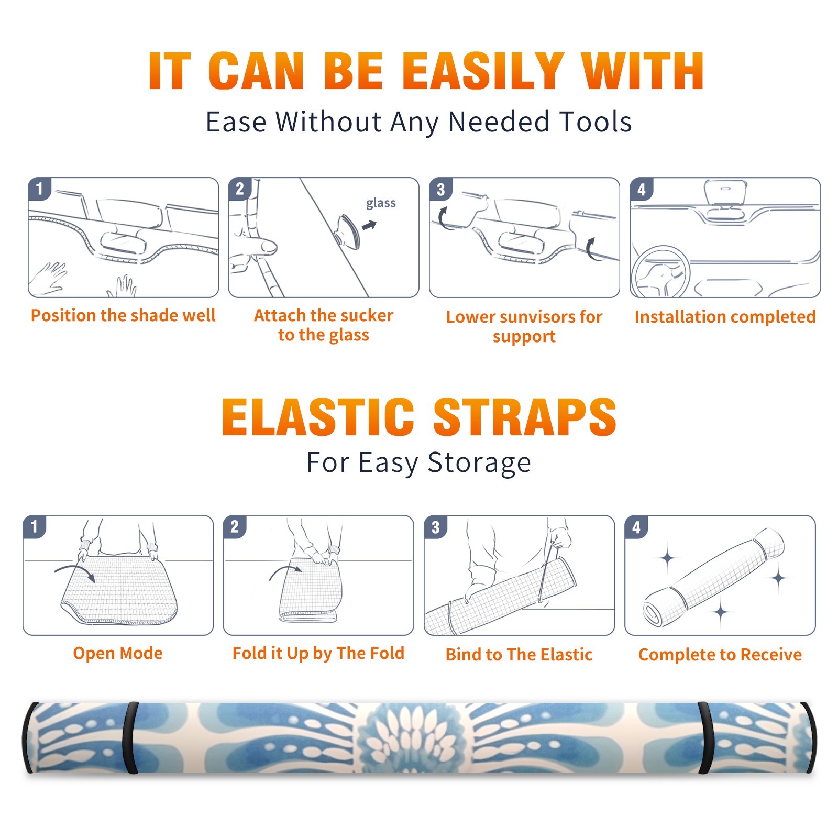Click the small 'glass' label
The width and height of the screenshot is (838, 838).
(381, 203)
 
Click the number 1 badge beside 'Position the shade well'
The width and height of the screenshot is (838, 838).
(39, 188)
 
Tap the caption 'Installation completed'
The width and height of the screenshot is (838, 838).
(725, 317)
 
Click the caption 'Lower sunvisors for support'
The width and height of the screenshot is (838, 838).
(524, 326)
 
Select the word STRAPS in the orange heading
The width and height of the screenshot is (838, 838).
(525, 417)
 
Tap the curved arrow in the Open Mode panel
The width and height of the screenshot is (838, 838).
(75, 572)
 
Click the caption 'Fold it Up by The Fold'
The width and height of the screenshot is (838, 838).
(318, 653)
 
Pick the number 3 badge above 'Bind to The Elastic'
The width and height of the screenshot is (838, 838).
(436, 527)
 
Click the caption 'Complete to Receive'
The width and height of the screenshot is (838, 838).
(720, 655)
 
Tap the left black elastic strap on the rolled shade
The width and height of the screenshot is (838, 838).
(130, 737)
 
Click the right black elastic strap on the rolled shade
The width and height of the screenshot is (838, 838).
(705, 737)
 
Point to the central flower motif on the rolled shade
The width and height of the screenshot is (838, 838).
(411, 737)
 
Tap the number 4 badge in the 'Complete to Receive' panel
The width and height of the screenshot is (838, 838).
(636, 527)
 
